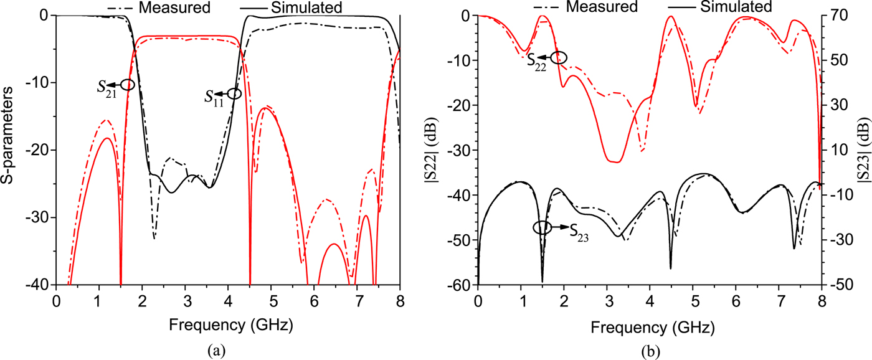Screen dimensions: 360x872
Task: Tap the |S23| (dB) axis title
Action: (864, 149)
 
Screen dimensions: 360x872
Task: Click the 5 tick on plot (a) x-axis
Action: (271, 300)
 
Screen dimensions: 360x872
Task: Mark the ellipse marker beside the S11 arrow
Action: (234, 94)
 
